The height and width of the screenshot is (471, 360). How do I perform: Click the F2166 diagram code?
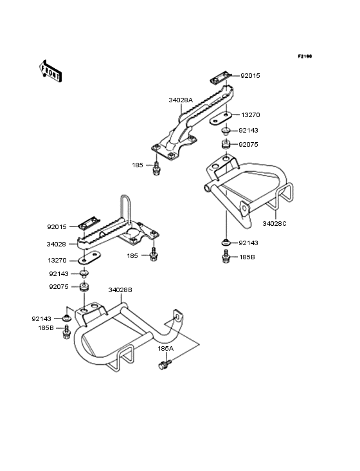coord(304,57)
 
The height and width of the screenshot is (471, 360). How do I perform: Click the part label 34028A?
coord(179,100)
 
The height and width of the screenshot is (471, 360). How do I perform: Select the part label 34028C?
coord(274,223)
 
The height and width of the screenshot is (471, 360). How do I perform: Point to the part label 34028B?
coord(120,290)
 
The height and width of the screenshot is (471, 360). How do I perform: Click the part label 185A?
coord(166,348)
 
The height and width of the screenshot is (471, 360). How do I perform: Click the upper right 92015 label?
coord(250,76)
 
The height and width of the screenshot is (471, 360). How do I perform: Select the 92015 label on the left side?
coord(57,227)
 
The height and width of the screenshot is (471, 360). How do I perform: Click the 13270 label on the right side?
coord(250,115)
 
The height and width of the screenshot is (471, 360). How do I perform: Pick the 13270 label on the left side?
coord(57,262)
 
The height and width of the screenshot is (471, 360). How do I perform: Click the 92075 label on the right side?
coord(249,145)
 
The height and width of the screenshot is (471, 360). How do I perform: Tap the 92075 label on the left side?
coord(59,288)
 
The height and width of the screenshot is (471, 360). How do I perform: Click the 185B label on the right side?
coord(248,257)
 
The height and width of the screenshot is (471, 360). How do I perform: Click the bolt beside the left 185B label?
coord(66,333)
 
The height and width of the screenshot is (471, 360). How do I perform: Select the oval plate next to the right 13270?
coord(223,118)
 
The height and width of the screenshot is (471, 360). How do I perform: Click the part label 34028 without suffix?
coord(55,245)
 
